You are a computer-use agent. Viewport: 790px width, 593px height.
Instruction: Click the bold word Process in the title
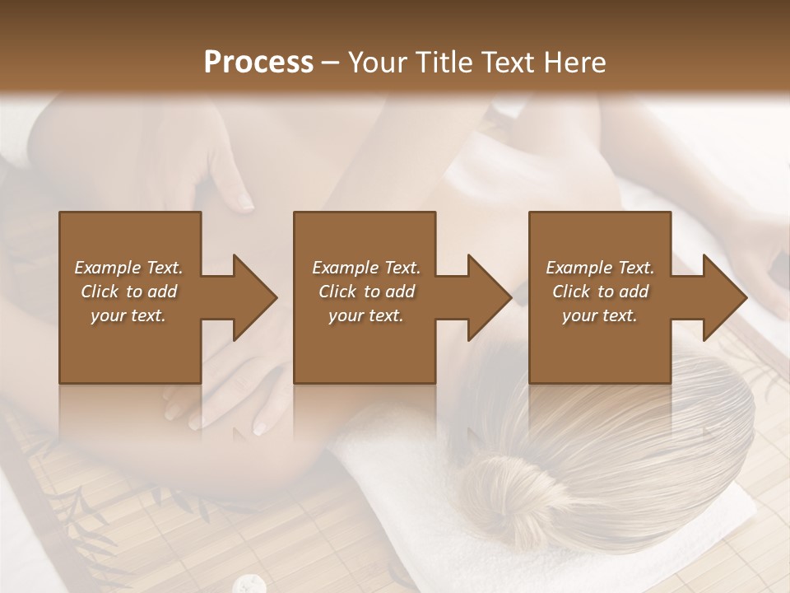[258, 63]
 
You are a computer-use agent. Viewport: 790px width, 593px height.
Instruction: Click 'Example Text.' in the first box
[128, 268]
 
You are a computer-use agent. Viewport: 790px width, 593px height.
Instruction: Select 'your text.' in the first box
[128, 315]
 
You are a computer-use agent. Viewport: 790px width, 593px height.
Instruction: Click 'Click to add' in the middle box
[366, 292]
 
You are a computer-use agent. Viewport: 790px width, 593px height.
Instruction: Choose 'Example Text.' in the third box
[600, 268]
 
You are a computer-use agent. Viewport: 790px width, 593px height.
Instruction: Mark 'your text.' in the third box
[600, 315]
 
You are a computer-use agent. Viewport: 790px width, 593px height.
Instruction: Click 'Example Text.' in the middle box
[366, 268]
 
